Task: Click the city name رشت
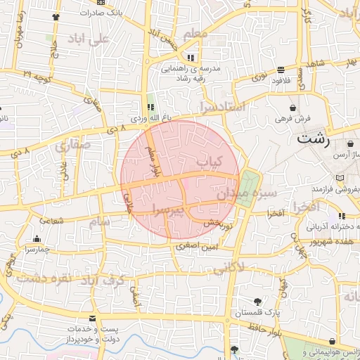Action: tap(313, 139)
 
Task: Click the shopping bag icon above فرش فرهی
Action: tap(292, 108)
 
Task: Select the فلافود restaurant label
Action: tap(280, 80)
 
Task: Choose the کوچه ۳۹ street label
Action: tap(37, 76)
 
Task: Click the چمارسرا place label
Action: tap(36, 249)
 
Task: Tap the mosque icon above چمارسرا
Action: tap(37, 238)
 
